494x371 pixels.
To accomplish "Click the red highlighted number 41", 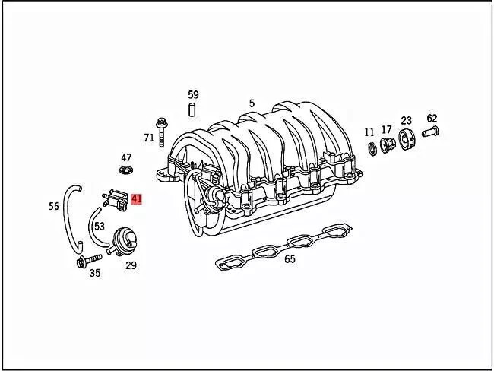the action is [136, 199].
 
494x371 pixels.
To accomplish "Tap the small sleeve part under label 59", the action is [192, 109].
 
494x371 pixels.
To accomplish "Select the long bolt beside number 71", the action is [162, 132].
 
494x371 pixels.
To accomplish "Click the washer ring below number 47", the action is [126, 170].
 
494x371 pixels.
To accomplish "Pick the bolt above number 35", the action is [89, 261].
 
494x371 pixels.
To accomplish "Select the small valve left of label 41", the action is [115, 199].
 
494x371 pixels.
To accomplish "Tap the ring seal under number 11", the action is [372, 148].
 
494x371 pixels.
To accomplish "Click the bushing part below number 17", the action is [387, 144].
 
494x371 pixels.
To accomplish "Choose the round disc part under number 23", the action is [406, 138].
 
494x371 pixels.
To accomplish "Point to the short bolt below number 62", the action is [430, 131].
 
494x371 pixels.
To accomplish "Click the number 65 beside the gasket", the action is [290, 259].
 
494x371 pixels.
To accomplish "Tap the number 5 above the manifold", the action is [252, 103].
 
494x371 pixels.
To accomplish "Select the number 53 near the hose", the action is [100, 226].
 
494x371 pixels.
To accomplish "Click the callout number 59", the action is [193, 94].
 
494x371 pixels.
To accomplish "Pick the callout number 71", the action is [149, 138].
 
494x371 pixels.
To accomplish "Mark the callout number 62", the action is [432, 119].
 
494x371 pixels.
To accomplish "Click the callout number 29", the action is [131, 265].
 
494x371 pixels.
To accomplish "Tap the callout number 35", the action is [95, 273].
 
